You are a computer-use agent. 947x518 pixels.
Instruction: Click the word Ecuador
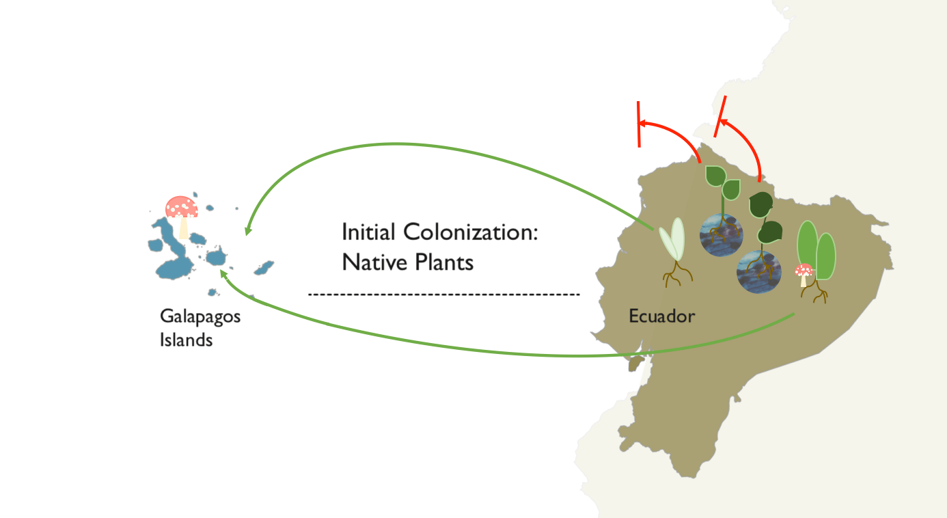[661, 316]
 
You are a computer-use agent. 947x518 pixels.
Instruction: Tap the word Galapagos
[200, 317]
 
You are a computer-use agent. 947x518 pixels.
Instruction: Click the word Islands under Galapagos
[186, 340]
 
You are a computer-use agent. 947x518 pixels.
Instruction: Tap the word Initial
[369, 232]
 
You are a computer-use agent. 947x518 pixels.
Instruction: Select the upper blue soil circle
[721, 234]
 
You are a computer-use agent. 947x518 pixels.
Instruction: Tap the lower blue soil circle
[758, 271]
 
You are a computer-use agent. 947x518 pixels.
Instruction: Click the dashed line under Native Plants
[444, 295]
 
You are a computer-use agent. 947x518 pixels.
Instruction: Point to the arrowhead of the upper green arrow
[247, 230]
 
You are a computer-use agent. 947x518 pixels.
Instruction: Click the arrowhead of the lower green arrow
[223, 272]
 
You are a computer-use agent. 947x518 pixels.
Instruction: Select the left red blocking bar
[639, 124]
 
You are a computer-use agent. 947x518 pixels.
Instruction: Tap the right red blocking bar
[720, 116]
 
